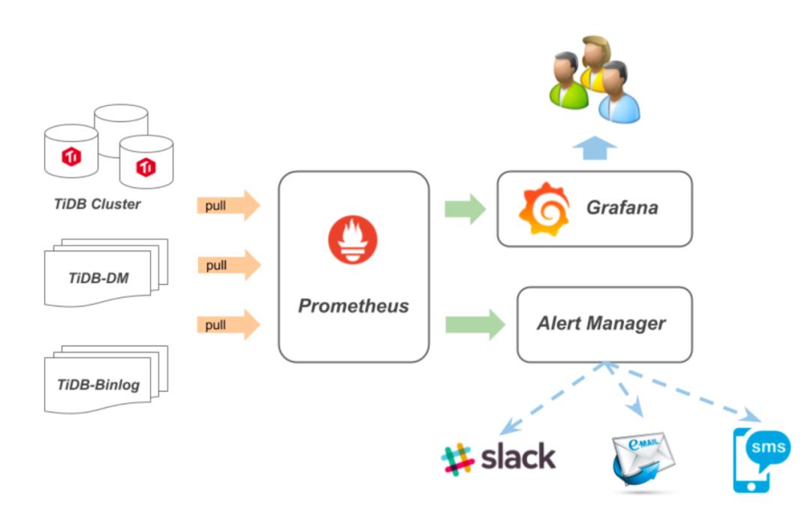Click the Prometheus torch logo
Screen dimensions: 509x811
click(352, 239)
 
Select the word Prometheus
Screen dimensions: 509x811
click(354, 306)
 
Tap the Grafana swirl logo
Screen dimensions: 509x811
click(544, 208)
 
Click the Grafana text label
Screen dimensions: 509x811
click(622, 207)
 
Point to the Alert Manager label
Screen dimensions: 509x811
click(601, 324)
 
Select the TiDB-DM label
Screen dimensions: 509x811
click(98, 279)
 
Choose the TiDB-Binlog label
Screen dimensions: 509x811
click(98, 385)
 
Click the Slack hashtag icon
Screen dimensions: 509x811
click(458, 458)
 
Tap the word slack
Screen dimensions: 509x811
click(518, 456)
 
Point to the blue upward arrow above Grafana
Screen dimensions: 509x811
click(595, 148)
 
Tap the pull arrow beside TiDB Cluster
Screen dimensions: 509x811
click(228, 206)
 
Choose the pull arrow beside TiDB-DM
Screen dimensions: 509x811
click(228, 265)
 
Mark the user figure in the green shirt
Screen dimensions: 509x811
click(568, 81)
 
